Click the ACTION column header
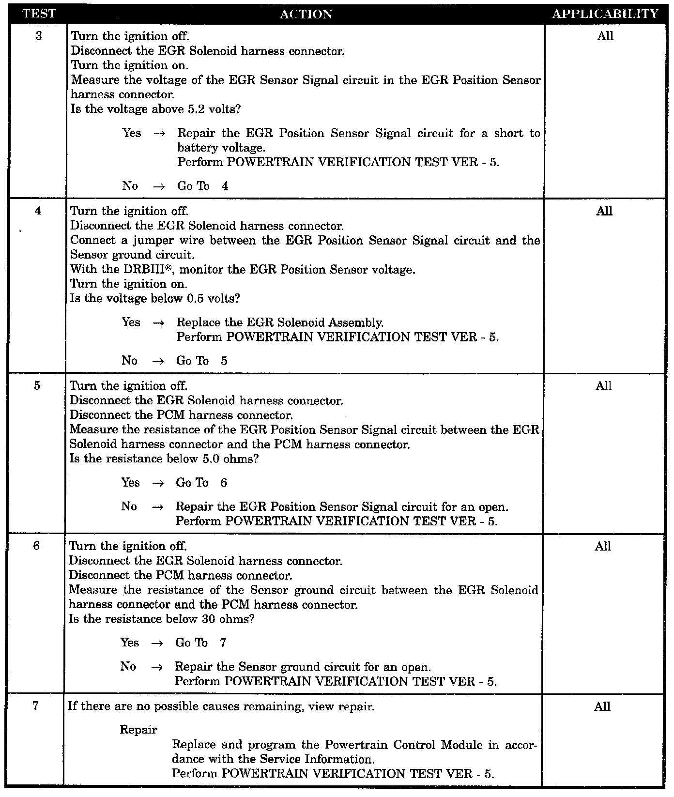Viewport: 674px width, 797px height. [x=306, y=15]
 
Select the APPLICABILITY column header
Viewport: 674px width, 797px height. [x=605, y=14]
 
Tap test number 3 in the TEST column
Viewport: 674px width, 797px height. [x=39, y=36]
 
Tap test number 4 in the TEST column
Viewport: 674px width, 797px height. [x=38, y=211]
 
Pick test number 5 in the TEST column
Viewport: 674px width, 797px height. [x=38, y=386]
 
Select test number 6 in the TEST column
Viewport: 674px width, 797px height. [x=37, y=546]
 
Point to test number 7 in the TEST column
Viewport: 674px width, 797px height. [x=37, y=706]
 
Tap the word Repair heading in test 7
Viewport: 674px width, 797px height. [x=138, y=730]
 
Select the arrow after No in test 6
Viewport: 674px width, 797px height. [x=156, y=667]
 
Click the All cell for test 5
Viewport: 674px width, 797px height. [x=604, y=386]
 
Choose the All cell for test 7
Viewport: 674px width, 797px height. [x=602, y=706]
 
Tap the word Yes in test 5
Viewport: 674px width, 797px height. [x=130, y=483]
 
